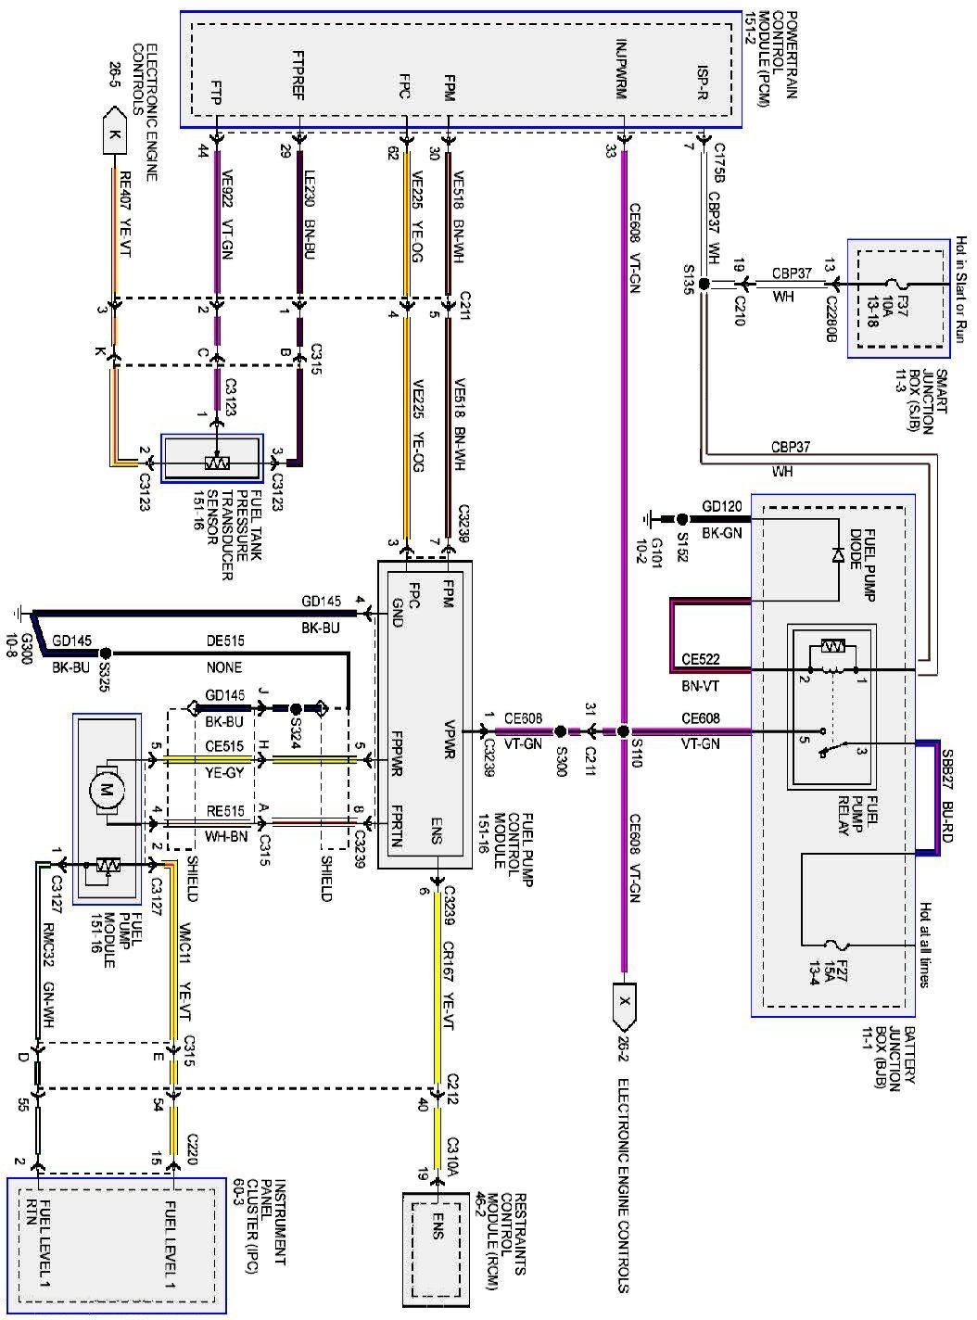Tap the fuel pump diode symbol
838,555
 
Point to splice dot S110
623,731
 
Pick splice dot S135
704,285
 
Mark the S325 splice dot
106,654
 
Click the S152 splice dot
682,519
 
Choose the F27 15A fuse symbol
838,945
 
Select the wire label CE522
701,659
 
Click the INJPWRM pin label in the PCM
622,70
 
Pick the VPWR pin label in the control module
450,740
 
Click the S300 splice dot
560,731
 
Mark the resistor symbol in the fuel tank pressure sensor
217,463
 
